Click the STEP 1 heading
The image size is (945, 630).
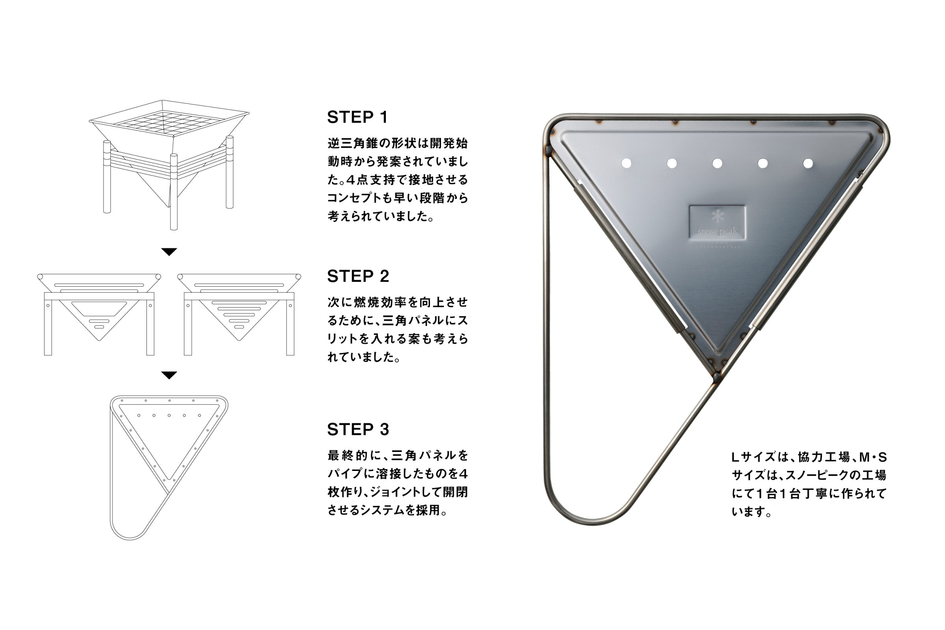click(x=358, y=117)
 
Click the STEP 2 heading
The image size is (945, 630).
click(x=358, y=276)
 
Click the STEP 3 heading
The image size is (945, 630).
click(x=358, y=430)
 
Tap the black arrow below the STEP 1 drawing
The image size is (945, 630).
click(x=169, y=252)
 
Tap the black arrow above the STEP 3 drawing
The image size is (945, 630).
click(x=169, y=375)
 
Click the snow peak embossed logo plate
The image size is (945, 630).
click(x=717, y=222)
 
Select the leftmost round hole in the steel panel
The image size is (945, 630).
click(x=626, y=163)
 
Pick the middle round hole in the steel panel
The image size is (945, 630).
click(x=717, y=163)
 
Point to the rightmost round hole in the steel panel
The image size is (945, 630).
click(x=808, y=163)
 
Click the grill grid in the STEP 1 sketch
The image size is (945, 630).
click(x=169, y=123)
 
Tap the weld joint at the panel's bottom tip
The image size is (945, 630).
click(x=716, y=376)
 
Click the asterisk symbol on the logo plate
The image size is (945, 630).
click(x=717, y=216)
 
